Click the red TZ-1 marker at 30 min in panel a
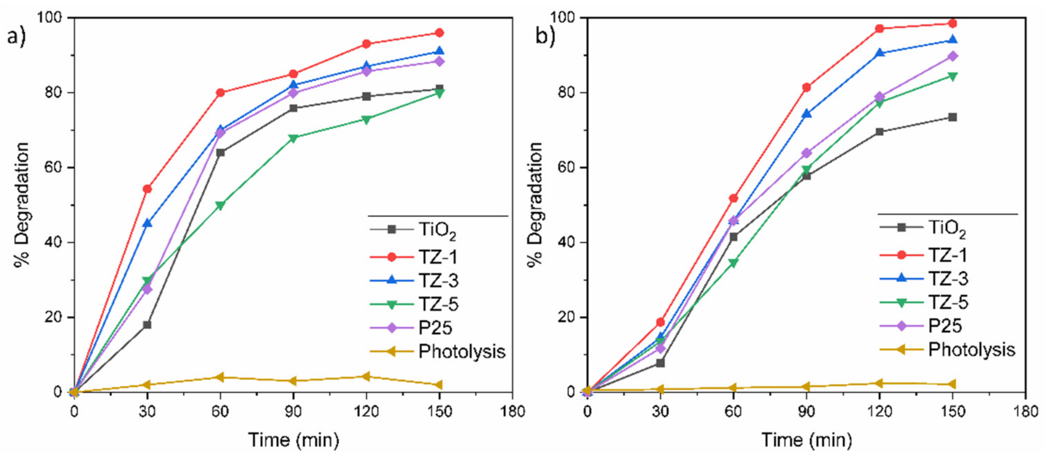pos(147,189)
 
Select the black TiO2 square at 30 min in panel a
pos(147,325)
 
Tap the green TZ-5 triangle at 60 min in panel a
pos(220,205)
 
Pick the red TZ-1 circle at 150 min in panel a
pos(439,33)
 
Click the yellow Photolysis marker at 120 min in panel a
pos(366,376)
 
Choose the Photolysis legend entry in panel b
pos(971,349)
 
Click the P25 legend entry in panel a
pos(435,327)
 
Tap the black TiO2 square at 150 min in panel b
pos(952,117)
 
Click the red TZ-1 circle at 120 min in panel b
pos(880,28)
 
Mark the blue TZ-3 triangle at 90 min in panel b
pos(806,113)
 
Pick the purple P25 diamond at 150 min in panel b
pos(952,56)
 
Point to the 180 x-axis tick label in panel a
pos(512,412)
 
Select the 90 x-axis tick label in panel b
pos(806,412)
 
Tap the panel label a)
pos(16,37)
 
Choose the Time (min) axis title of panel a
pos(293,440)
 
